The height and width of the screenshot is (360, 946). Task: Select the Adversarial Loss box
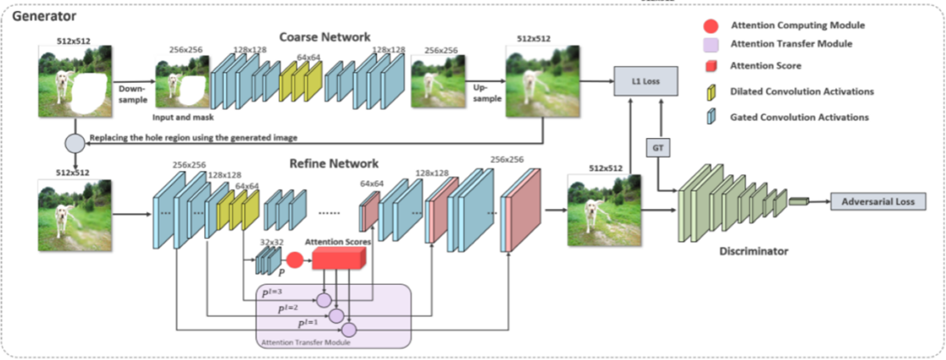[877, 202]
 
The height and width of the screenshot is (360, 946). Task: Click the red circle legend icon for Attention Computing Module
[711, 25]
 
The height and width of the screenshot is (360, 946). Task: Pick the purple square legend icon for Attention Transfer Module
[711, 44]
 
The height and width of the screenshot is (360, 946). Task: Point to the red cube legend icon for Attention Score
[711, 66]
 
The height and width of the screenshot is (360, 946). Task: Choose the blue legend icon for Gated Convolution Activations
[711, 118]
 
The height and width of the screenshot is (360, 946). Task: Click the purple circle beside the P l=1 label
[350, 328]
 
